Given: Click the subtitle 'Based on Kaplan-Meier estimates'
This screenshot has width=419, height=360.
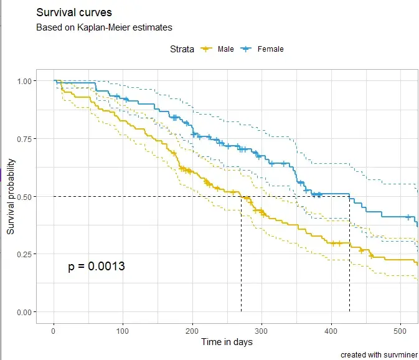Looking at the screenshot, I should coord(104,27).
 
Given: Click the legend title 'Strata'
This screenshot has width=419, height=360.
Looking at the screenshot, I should coord(182,49).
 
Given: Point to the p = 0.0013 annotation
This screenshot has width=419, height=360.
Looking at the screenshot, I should coord(97,267).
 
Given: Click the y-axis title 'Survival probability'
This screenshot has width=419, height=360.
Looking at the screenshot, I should coord(11,196).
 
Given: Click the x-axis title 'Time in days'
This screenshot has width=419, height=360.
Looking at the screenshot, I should coord(227,342).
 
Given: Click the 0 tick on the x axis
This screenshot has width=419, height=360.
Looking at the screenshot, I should coord(54,329).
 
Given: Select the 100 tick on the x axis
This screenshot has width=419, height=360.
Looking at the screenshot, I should coord(123,329).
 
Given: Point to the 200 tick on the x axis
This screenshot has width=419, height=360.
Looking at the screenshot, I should coord(192,329).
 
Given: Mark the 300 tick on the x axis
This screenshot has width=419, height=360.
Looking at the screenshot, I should coord(261,329).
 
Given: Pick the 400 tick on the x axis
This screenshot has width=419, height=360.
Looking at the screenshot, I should coord(331,329).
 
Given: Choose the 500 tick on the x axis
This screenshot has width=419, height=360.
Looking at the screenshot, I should coord(400,329).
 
